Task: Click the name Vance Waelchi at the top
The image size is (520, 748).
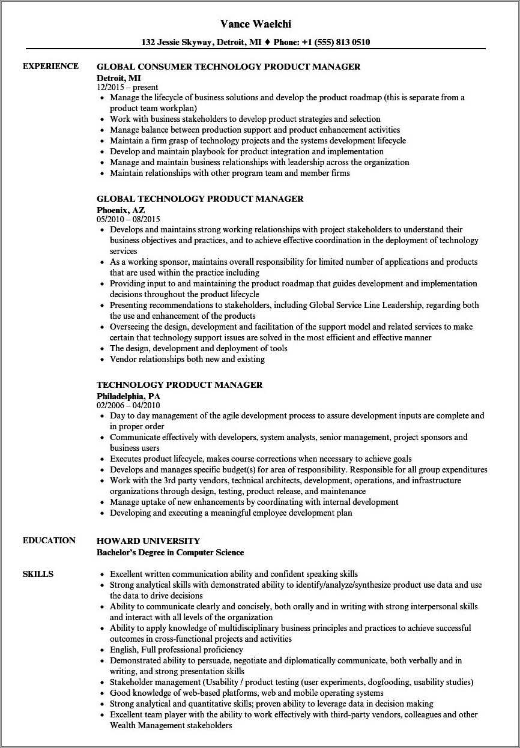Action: (x=259, y=24)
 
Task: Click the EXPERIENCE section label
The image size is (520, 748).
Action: (x=50, y=66)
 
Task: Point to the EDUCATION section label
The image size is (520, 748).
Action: (x=49, y=540)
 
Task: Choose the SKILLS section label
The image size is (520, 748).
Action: (x=38, y=574)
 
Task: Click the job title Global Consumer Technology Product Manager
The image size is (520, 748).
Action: (x=228, y=67)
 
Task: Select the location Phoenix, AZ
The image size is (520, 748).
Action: (x=121, y=210)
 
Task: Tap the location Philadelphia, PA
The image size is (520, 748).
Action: (x=128, y=396)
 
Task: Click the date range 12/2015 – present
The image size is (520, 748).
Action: (x=127, y=87)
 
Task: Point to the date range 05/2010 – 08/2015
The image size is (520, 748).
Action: (x=128, y=219)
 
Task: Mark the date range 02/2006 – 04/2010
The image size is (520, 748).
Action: (x=128, y=405)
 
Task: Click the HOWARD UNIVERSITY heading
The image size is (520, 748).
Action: (x=148, y=541)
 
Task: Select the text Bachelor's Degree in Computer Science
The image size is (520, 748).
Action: (x=170, y=552)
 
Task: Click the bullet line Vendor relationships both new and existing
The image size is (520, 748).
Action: (x=187, y=360)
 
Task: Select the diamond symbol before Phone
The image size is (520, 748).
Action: (x=268, y=43)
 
